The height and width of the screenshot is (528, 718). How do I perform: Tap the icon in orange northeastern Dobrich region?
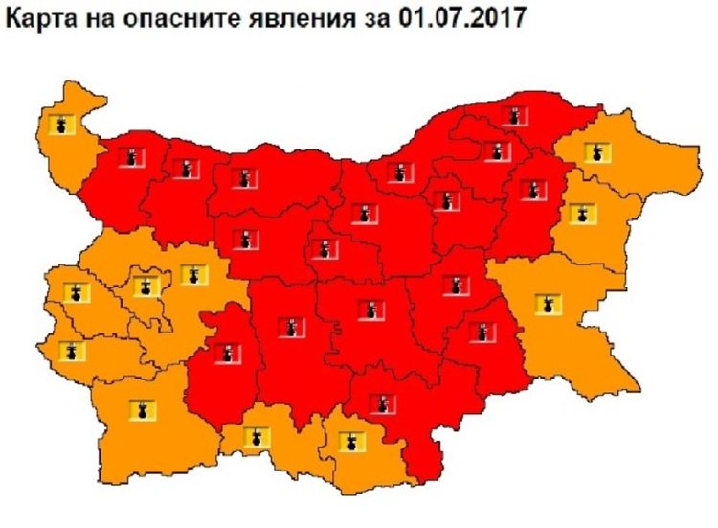[x=596, y=152]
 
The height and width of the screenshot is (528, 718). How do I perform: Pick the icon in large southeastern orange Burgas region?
[x=548, y=305]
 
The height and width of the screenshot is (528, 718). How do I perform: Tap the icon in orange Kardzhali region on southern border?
[x=351, y=443]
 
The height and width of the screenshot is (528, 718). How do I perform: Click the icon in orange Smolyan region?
[x=255, y=438]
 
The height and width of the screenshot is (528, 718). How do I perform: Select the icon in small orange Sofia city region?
[x=146, y=287]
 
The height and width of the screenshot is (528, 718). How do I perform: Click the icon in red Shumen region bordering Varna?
[x=530, y=189]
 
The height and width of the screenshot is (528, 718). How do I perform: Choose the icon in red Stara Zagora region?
[x=368, y=310]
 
